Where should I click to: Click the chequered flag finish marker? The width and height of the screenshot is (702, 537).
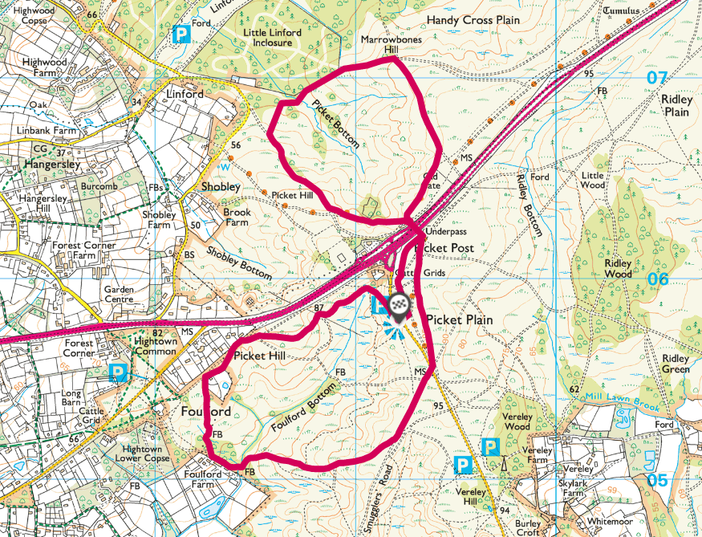pos(400,304)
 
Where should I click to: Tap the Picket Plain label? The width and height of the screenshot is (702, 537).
pos(459,319)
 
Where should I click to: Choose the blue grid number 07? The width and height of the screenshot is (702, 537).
pos(657,78)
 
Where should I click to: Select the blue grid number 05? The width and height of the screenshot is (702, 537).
pos(657,480)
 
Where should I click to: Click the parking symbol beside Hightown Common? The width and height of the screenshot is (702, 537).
pos(119,372)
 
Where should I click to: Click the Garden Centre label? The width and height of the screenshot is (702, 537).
pos(124,292)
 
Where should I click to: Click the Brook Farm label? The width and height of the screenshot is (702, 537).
pos(237,218)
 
